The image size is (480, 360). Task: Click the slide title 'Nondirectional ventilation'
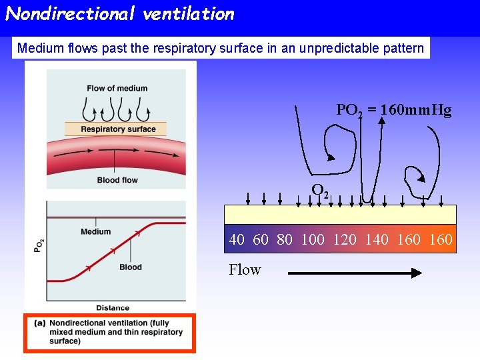(120, 14)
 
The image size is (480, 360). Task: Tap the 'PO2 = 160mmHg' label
(393, 111)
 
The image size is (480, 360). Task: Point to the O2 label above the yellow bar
(320, 191)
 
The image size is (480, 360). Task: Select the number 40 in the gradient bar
(237, 239)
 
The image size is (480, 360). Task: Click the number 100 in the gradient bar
(313, 239)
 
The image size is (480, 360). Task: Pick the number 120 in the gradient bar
(345, 239)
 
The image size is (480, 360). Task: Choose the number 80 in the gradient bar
(285, 239)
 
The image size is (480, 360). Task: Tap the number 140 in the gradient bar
(377, 239)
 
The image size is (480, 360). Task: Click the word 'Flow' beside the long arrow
(245, 270)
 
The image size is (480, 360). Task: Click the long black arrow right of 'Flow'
(355, 273)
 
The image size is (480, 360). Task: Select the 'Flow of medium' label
(117, 88)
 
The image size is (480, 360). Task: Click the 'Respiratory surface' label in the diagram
(118, 129)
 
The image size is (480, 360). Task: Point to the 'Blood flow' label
(117, 180)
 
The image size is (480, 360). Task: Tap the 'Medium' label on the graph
(96, 232)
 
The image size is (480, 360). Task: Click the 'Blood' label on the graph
(131, 267)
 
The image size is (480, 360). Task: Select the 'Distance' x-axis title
(113, 308)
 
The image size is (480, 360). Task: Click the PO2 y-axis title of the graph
(39, 245)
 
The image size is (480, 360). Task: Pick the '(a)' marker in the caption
(40, 323)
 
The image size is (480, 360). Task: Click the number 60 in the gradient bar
(261, 239)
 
